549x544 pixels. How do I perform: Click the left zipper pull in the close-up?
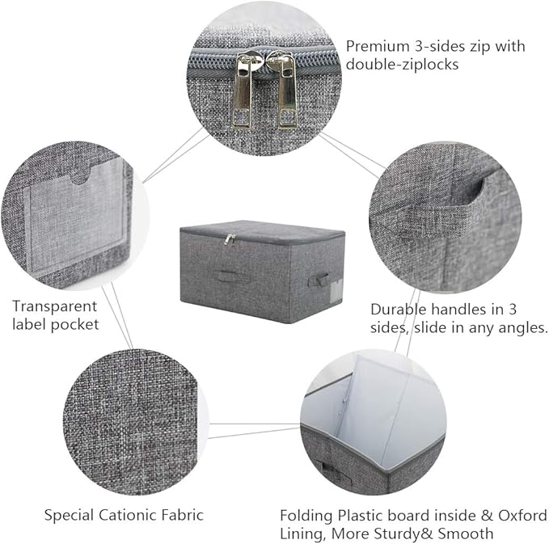[x=243, y=91]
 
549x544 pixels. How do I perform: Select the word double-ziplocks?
[x=403, y=65]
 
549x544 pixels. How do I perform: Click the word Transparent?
[x=55, y=306]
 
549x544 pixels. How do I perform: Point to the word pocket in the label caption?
[x=74, y=324]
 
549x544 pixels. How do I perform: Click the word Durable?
[x=399, y=310]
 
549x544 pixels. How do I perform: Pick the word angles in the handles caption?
[x=523, y=327]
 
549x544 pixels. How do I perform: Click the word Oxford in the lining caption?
[x=522, y=515]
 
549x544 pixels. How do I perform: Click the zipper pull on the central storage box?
[x=230, y=240]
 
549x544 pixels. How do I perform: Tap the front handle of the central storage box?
[x=230, y=276]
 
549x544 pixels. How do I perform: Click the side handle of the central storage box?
[x=318, y=280]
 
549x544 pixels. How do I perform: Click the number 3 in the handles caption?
[x=513, y=310]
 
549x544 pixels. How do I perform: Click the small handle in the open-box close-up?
[x=330, y=468]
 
